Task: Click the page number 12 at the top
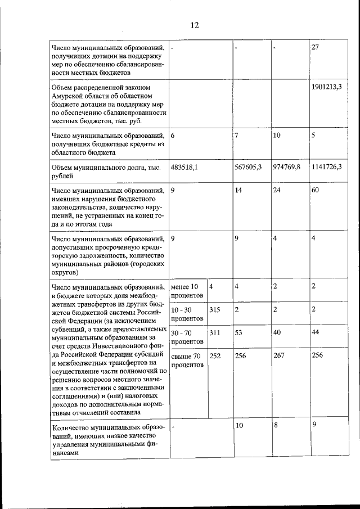point(194,25)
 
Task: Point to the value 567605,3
point(249,167)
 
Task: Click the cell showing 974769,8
point(287,167)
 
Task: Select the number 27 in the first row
point(316,47)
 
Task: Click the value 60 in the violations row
point(316,191)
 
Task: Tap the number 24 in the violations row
point(277,191)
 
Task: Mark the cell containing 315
point(215,310)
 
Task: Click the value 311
point(215,333)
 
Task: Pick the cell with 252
point(215,355)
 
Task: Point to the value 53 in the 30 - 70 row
point(239,333)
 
